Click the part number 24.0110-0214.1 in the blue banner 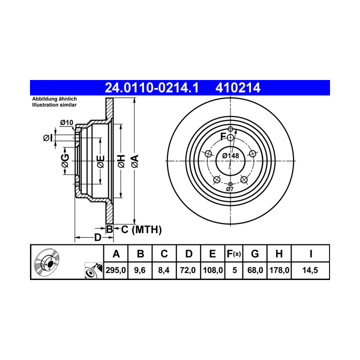[x=151, y=88]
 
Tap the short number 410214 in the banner [x=238, y=88]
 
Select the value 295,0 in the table [x=115, y=270]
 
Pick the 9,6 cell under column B [x=140, y=270]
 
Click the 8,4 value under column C [x=164, y=270]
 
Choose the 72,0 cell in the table [x=188, y=270]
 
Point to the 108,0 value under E [x=213, y=270]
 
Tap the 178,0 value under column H [x=279, y=270]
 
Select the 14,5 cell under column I [x=310, y=270]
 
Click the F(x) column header [x=233, y=254]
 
